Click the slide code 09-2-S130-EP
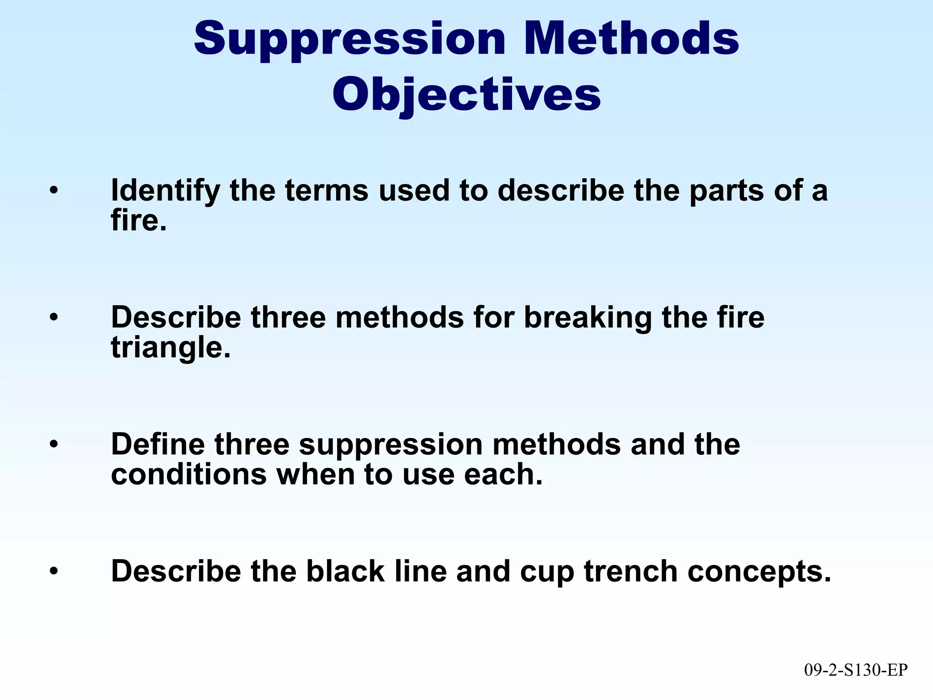[x=856, y=670]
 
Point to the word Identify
[x=165, y=190]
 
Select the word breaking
[x=588, y=317]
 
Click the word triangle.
[x=170, y=348]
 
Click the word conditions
[x=189, y=474]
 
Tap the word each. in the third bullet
[x=503, y=474]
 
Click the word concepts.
[x=759, y=572]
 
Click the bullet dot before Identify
[x=54, y=190]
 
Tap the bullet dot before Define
[x=54, y=444]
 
